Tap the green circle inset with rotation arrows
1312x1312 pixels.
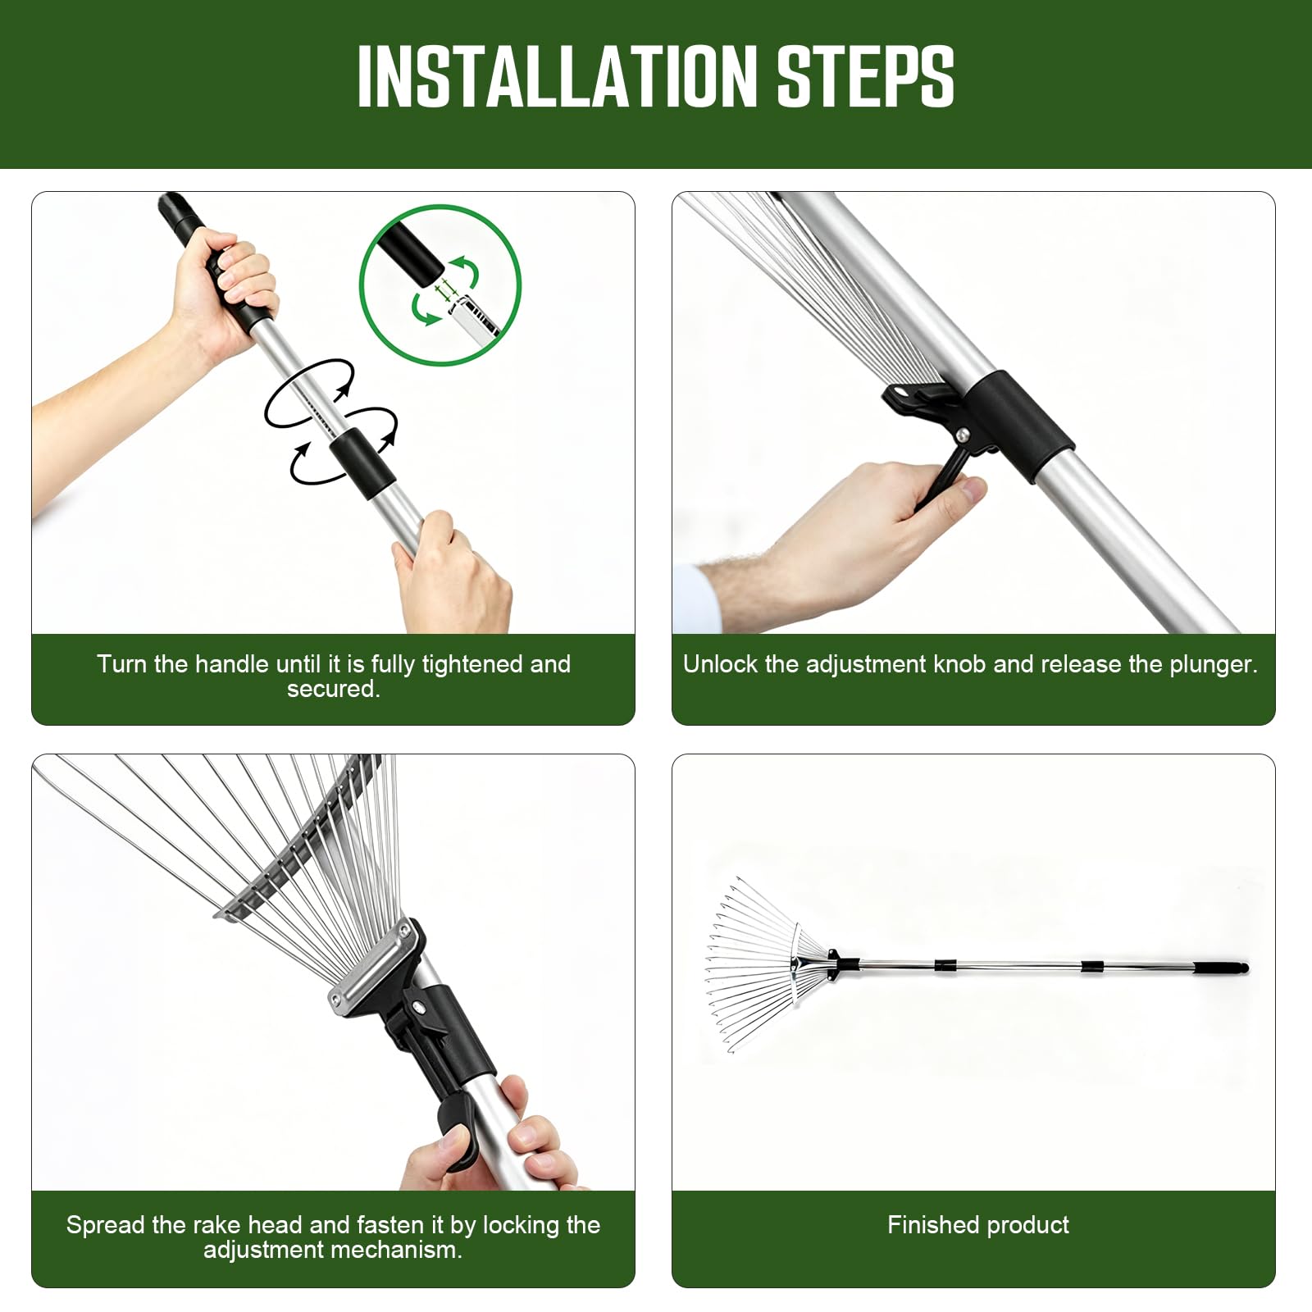440,285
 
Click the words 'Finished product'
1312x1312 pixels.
978,1224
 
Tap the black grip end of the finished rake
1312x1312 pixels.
1222,968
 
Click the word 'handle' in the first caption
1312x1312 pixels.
233,663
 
